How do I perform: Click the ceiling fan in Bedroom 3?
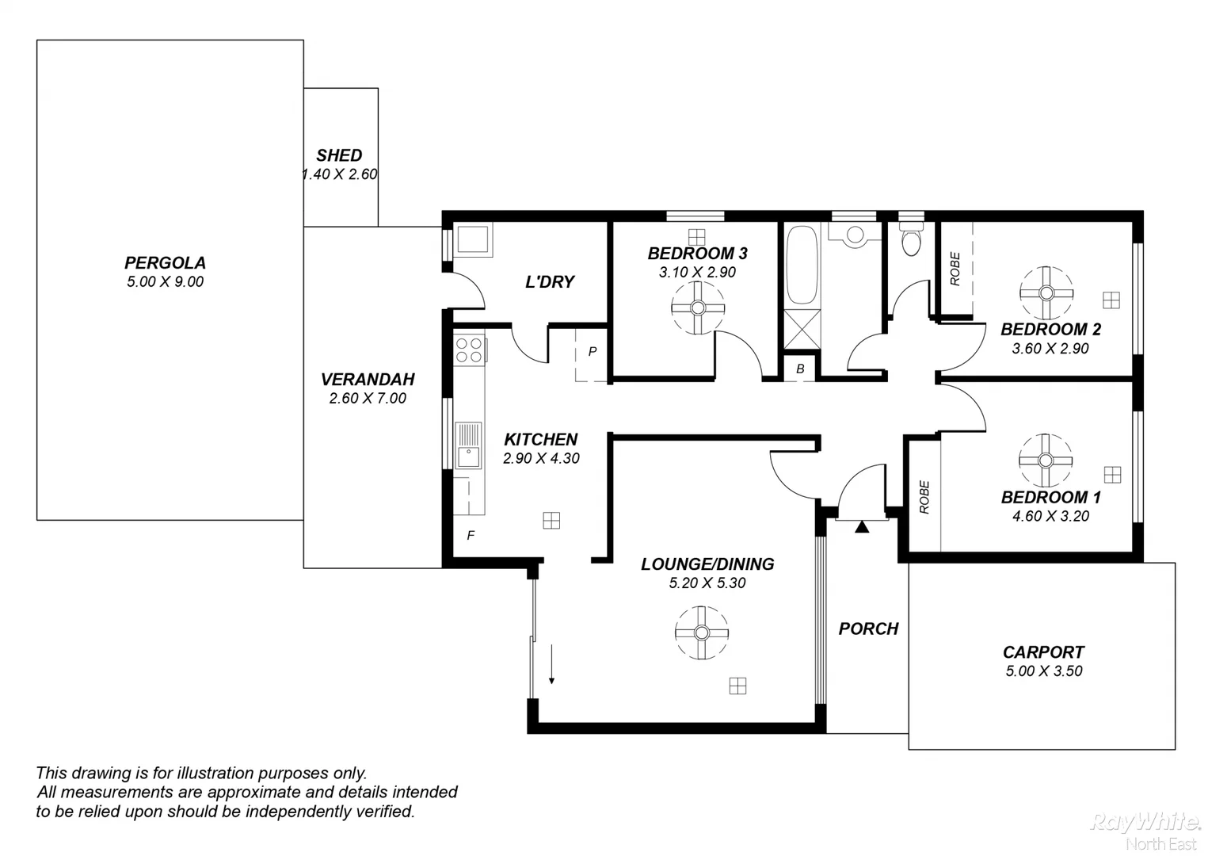[x=698, y=308]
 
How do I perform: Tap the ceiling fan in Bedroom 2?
[x=1046, y=292]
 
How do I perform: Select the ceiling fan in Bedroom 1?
[x=1044, y=460]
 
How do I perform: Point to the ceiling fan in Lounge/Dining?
[x=701, y=632]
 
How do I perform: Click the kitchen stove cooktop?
[x=469, y=350]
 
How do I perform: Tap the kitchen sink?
[x=468, y=446]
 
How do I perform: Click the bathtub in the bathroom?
[x=802, y=266]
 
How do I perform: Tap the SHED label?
[x=339, y=155]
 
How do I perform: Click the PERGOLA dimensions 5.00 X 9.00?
[x=165, y=281]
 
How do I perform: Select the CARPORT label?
[x=1043, y=652]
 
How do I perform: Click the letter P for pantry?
[x=592, y=351]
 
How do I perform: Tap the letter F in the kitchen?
[x=471, y=536]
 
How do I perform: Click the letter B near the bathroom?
[x=800, y=369]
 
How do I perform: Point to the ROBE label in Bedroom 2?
[x=955, y=269]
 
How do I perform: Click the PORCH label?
[x=868, y=629]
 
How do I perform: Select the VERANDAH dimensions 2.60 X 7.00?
[x=368, y=398]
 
